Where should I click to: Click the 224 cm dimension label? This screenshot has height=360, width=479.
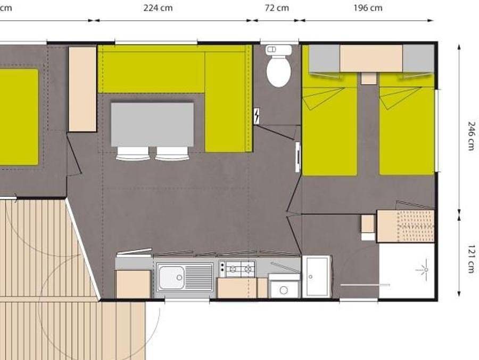tap(158, 8)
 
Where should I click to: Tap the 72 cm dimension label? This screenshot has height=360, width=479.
tap(277, 8)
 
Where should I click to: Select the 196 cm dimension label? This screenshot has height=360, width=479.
tap(368, 8)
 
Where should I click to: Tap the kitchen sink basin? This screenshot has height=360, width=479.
tap(171, 276)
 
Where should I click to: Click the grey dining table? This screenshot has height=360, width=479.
tap(152, 124)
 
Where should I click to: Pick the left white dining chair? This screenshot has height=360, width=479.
tap(133, 154)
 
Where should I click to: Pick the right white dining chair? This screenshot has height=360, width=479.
tap(172, 154)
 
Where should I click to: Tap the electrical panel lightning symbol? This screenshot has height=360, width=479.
tap(258, 115)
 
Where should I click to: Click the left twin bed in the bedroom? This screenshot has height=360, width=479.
tap(329, 131)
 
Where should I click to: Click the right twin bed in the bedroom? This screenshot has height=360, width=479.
tap(407, 131)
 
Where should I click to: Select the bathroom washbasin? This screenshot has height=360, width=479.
tap(316, 276)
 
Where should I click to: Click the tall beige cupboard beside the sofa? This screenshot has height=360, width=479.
tap(82, 89)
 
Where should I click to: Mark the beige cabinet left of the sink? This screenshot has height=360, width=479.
tap(133, 284)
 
